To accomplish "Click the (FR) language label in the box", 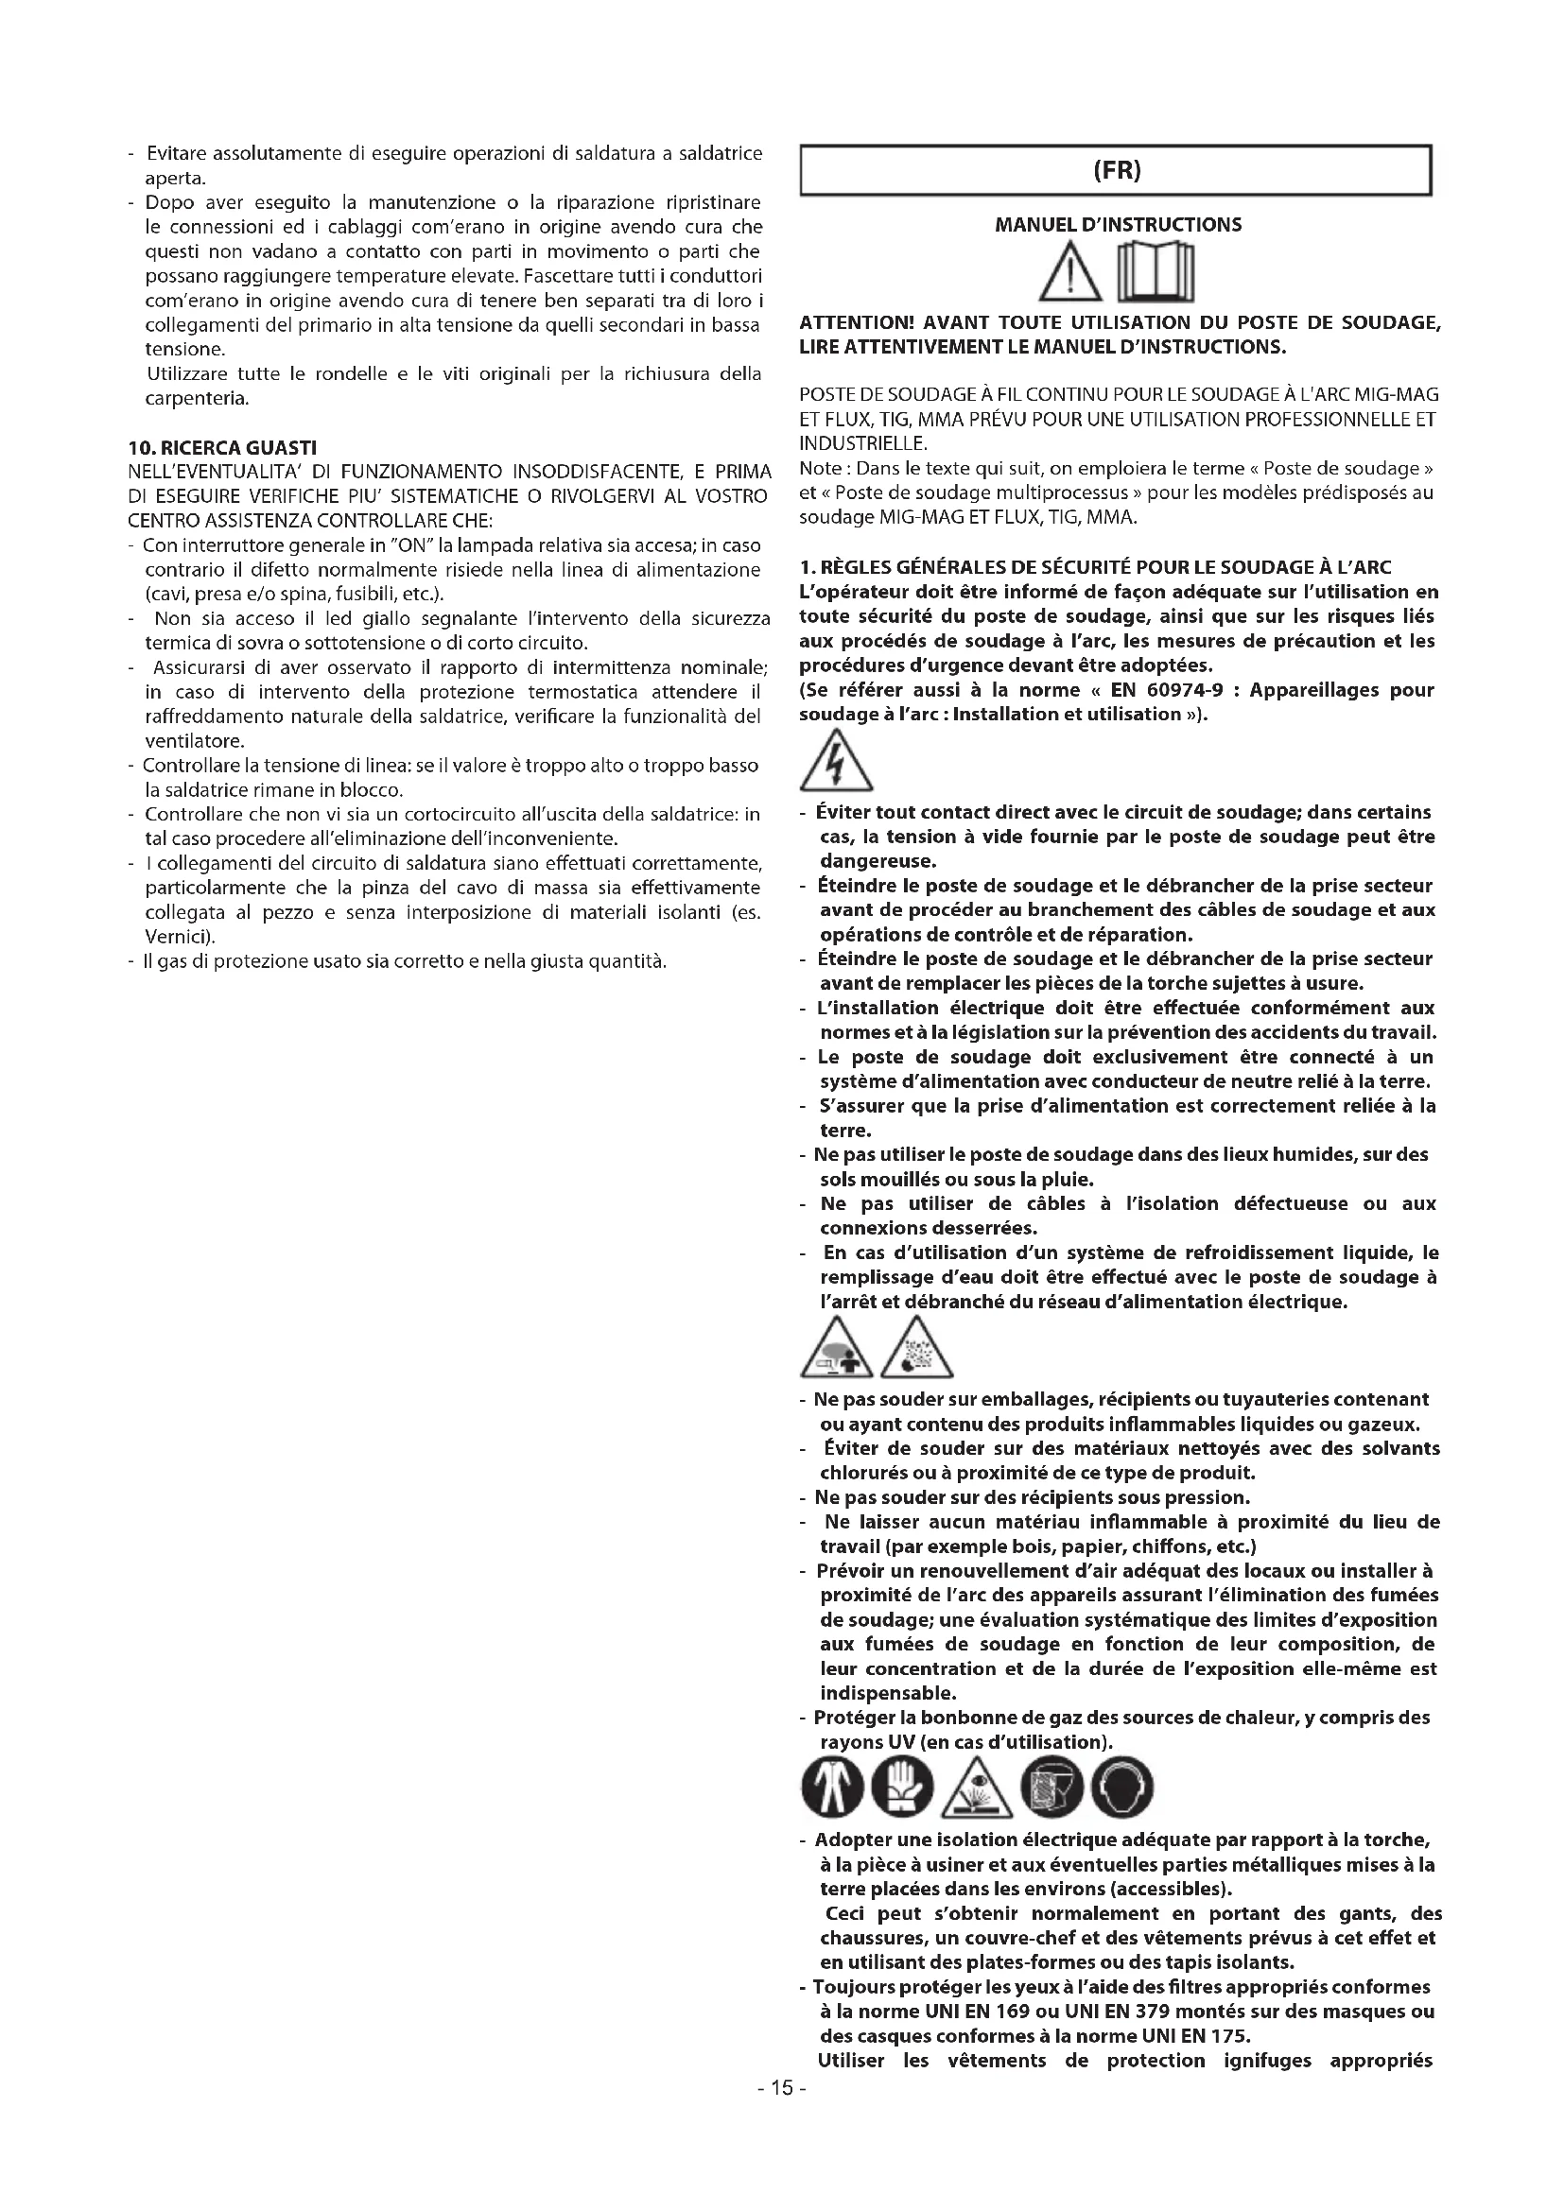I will click(x=1116, y=171).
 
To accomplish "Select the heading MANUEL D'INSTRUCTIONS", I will click(x=1117, y=225).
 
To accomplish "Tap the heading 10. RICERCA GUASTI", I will click(x=222, y=448).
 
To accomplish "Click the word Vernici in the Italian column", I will click(x=179, y=937).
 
